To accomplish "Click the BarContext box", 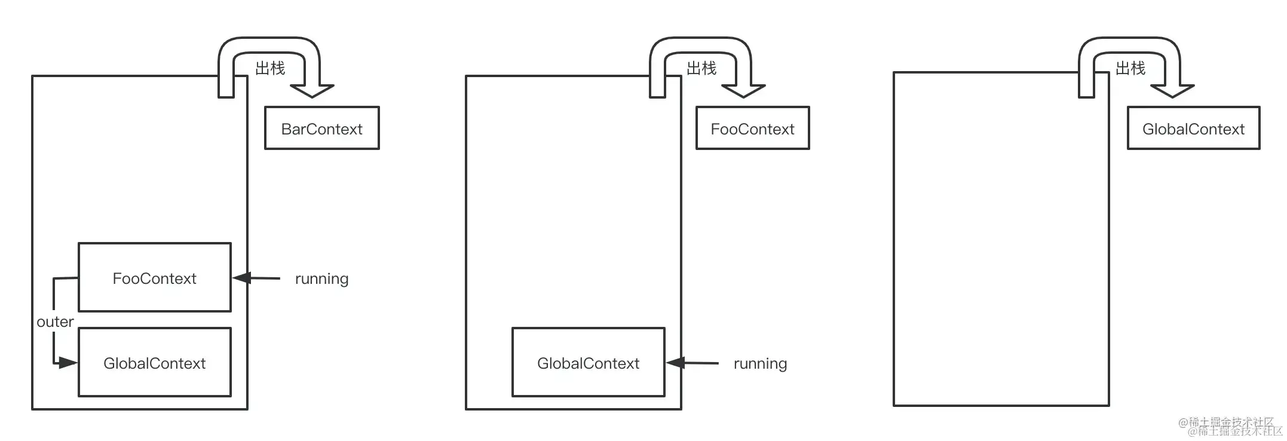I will pos(321,128).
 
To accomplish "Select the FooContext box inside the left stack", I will pos(154,277).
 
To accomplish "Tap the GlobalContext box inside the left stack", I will pos(154,362).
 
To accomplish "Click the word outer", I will pos(55,322).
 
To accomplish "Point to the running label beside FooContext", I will pos(321,278).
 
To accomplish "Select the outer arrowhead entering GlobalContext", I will pos(68,362).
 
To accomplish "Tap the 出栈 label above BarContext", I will pos(270,68).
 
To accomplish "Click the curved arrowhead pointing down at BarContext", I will pos(312,90).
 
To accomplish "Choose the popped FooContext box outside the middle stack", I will pos(752,128).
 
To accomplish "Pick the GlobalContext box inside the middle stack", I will pos(588,362).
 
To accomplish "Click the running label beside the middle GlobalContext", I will pos(760,363).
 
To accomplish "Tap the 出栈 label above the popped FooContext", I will pos(701,68).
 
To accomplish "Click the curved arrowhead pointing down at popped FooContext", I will pos(743,90).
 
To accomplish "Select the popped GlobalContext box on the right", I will pos(1193,128).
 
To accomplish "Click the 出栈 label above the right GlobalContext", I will pos(1130,68).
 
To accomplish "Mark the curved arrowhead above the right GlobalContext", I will pos(1172,90).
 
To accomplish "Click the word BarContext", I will pos(321,129).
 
